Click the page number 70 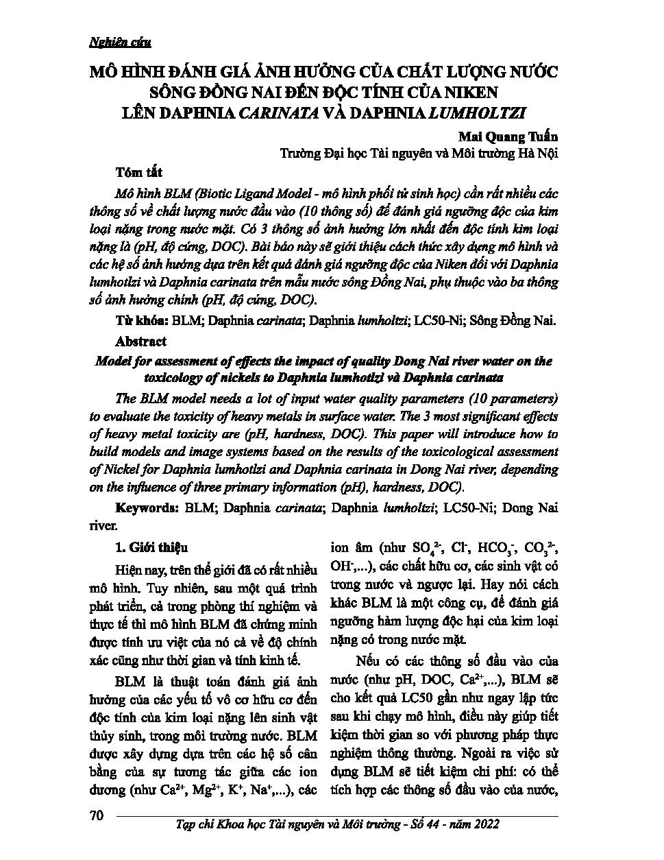tap(96, 815)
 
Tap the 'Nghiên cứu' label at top tap(120, 42)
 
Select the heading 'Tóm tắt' tap(139, 171)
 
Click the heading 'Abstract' tap(140, 341)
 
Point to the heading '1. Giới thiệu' tap(148, 547)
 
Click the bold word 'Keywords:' tap(147, 508)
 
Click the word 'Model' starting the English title tap(111, 361)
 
